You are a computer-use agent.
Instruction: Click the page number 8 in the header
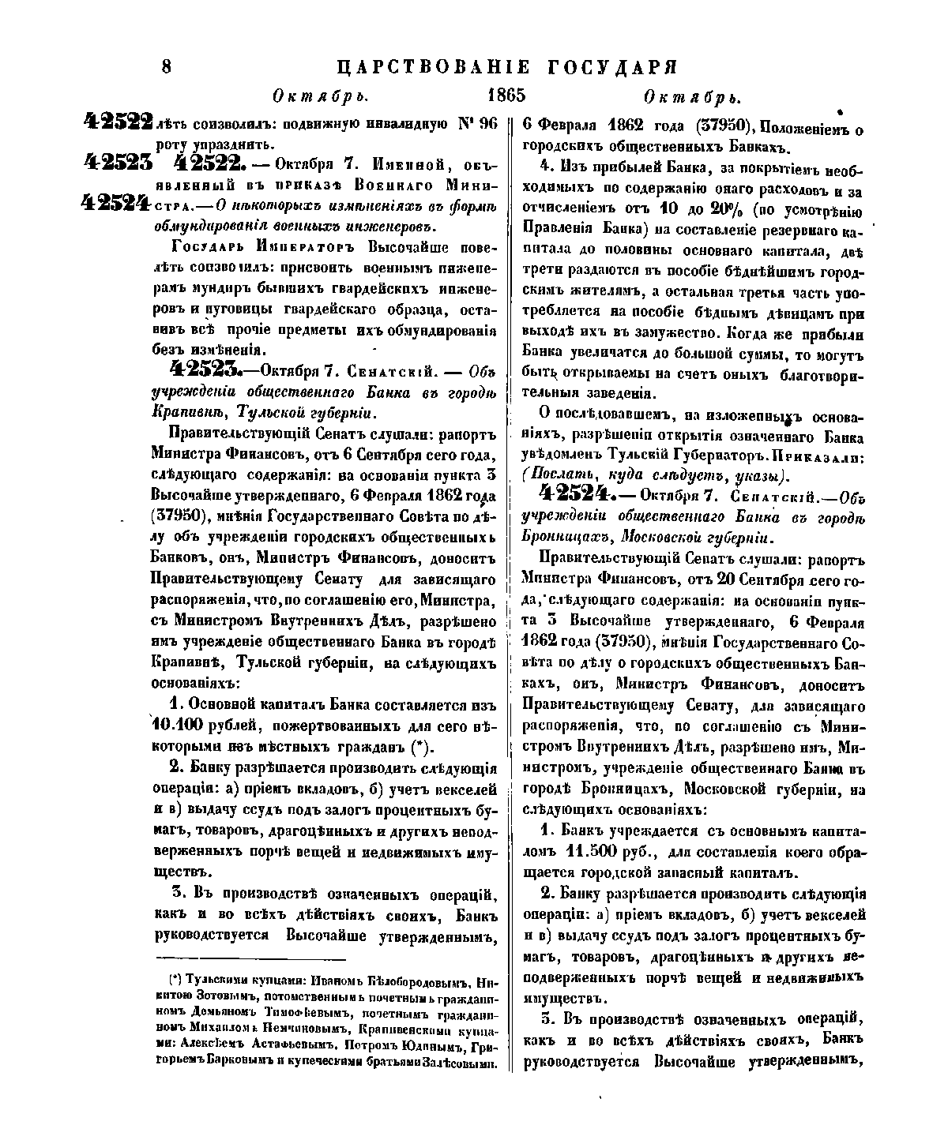click(x=167, y=66)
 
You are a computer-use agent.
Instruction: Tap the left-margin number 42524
click(x=115, y=202)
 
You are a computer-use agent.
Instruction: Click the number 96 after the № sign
click(x=481, y=124)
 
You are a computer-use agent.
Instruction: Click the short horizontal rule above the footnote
click(x=251, y=959)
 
